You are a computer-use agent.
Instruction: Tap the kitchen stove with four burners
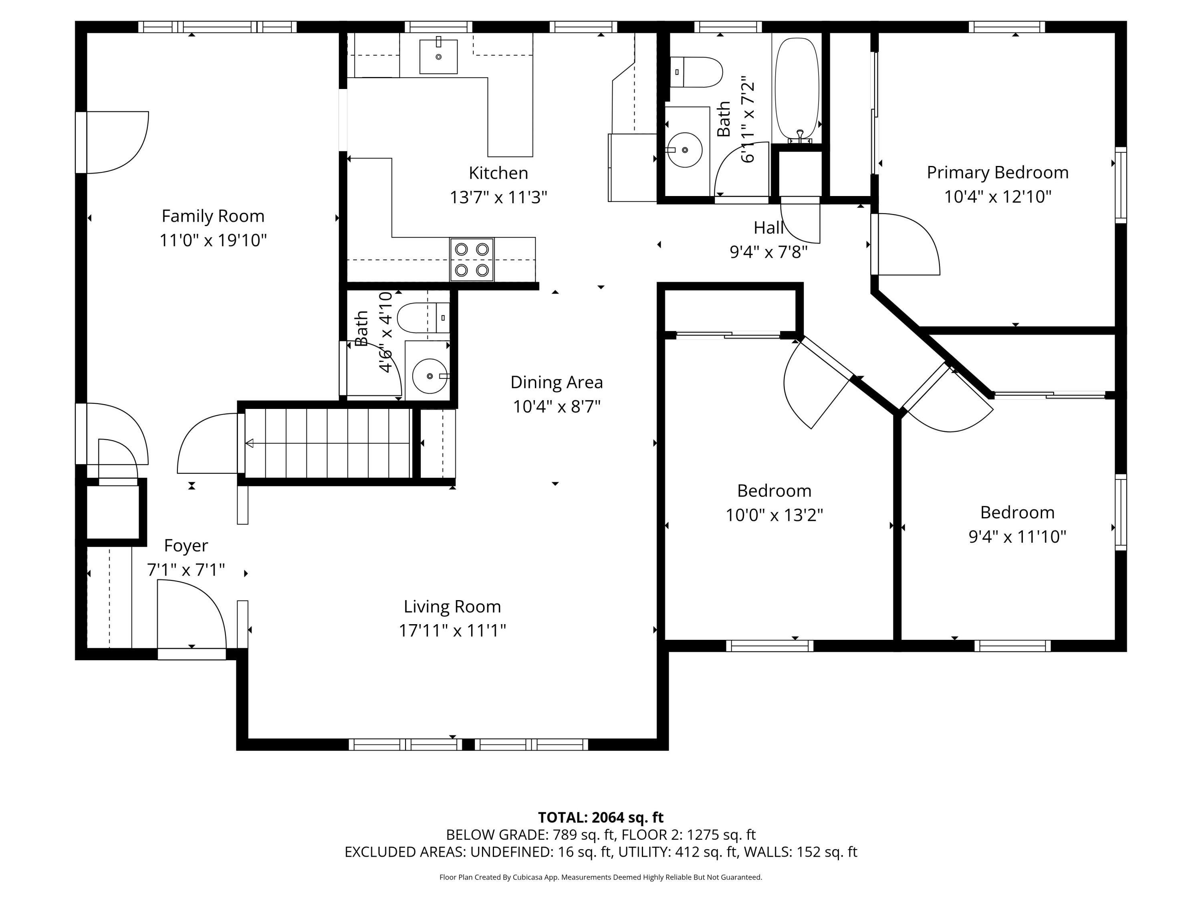pyautogui.click(x=472, y=260)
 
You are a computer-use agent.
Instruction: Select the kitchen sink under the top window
pyautogui.click(x=438, y=56)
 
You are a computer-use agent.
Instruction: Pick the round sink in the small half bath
pyautogui.click(x=430, y=376)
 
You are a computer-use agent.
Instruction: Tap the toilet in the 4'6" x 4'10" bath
pyautogui.click(x=424, y=318)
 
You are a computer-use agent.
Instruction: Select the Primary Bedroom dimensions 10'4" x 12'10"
pyautogui.click(x=998, y=196)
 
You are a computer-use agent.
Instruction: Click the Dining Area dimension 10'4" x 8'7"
pyautogui.click(x=557, y=406)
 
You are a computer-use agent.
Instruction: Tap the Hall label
pyautogui.click(x=768, y=228)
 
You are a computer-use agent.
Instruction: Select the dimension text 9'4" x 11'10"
pyautogui.click(x=1017, y=537)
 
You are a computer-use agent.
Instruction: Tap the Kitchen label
pyautogui.click(x=498, y=173)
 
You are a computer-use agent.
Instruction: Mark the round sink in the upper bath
pyautogui.click(x=685, y=150)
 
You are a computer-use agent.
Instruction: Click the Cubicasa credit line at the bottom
pyautogui.click(x=601, y=877)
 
